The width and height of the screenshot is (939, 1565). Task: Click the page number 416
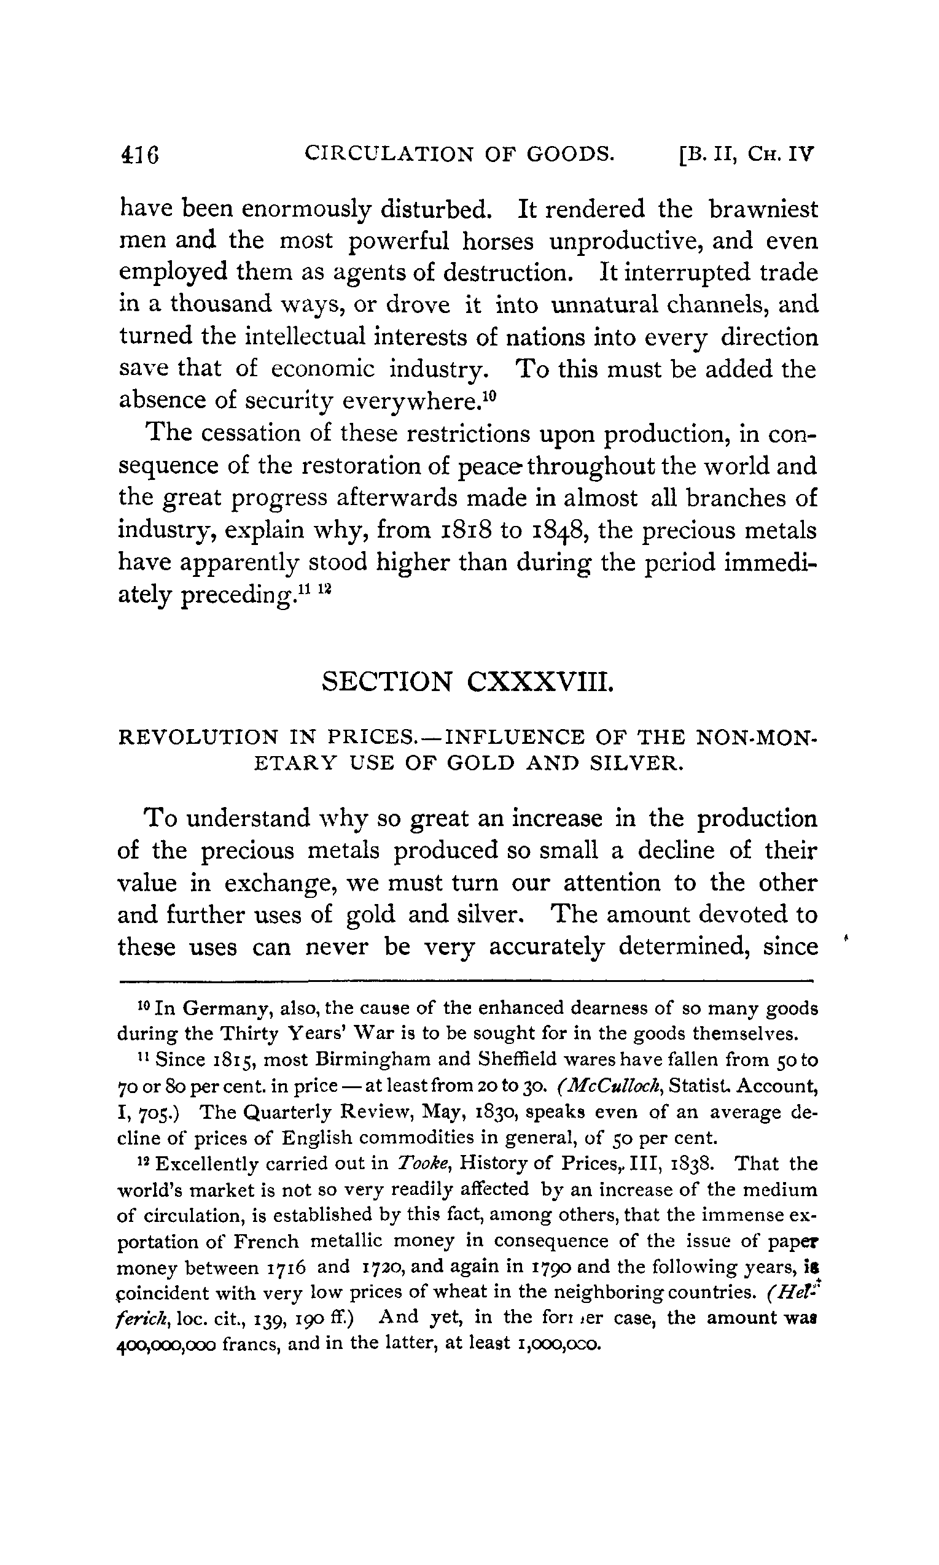(x=139, y=154)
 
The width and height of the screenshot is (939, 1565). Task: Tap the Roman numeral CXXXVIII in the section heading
(x=540, y=682)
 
